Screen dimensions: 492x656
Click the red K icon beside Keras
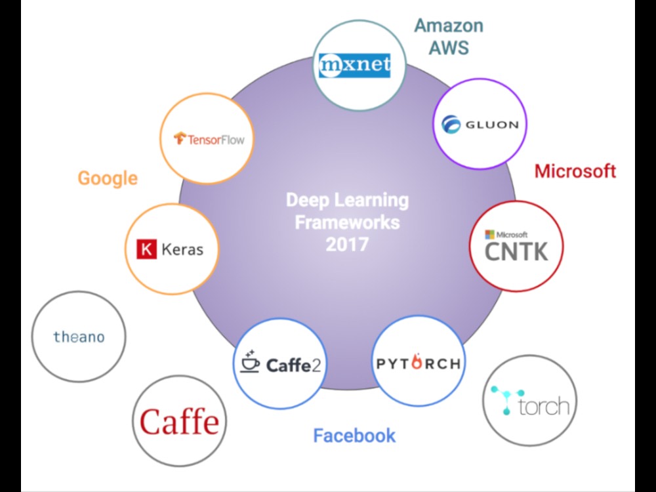click(146, 249)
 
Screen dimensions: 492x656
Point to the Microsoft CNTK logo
click(516, 246)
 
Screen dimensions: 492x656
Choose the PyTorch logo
click(419, 363)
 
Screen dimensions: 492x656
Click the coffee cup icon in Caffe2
click(249, 361)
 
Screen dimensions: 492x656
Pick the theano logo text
click(79, 337)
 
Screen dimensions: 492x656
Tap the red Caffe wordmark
click(179, 421)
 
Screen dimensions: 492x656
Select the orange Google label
click(108, 178)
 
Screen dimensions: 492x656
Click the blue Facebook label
click(354, 436)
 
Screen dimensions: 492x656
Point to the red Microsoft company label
click(575, 171)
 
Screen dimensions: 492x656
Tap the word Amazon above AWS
click(449, 26)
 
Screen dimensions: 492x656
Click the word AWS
click(449, 48)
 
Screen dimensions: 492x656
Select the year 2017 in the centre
click(347, 245)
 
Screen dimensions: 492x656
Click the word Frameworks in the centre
click(347, 222)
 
